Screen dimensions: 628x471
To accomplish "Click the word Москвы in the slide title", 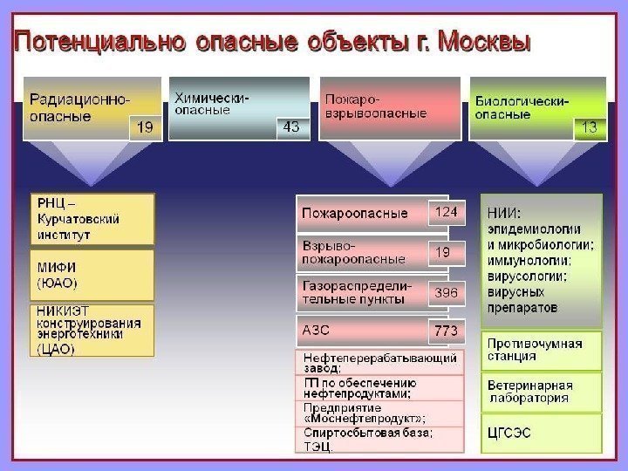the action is tap(485, 42).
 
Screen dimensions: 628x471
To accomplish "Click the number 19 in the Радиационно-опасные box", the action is tap(145, 128).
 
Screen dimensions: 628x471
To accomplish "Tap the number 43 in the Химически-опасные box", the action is tap(291, 127).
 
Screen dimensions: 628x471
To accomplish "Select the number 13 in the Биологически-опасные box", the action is tap(589, 127).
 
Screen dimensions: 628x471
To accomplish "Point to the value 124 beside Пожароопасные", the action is tap(447, 212).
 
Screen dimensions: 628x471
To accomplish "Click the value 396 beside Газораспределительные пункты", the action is tap(447, 293).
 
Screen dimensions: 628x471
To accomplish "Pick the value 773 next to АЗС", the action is tap(447, 331).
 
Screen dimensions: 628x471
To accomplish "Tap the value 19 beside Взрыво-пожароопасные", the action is tap(444, 252).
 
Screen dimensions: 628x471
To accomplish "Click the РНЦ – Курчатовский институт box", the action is tap(92, 218).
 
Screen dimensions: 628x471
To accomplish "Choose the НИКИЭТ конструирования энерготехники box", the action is tap(92, 329).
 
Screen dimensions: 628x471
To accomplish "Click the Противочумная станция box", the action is tap(541, 350).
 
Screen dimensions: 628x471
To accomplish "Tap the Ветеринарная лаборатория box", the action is tap(541, 392).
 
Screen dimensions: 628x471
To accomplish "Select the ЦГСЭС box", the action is tap(541, 432).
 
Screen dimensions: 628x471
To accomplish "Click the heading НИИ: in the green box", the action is tap(504, 212).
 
